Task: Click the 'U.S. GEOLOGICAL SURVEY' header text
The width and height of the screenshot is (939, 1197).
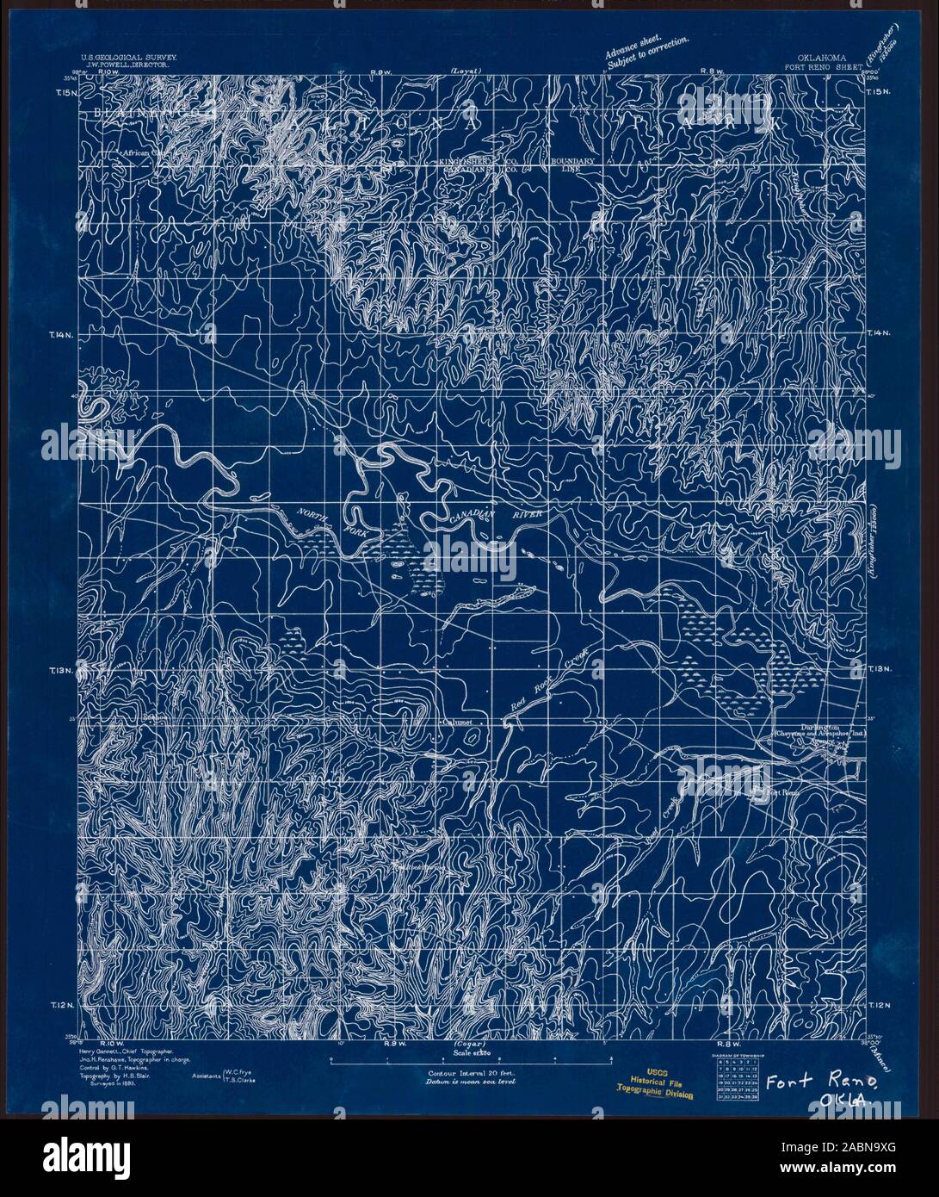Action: tap(130, 54)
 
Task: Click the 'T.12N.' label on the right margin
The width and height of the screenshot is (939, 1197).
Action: tap(879, 1005)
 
